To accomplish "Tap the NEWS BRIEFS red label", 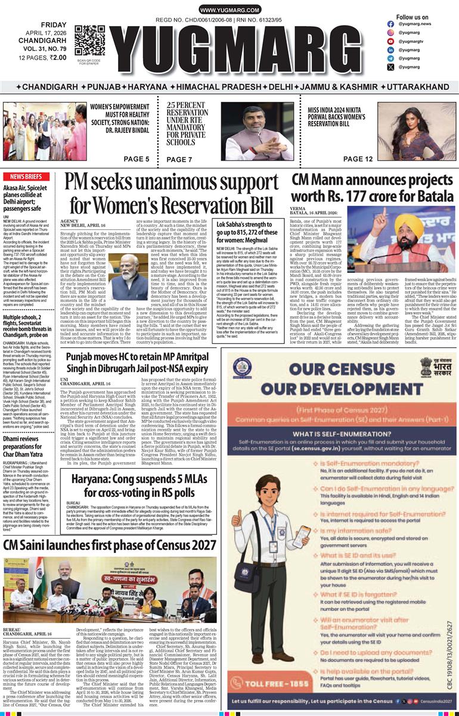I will pos(26,177).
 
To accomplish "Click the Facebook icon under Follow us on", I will pos(390,24).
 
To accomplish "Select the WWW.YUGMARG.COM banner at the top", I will pos(229,10).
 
